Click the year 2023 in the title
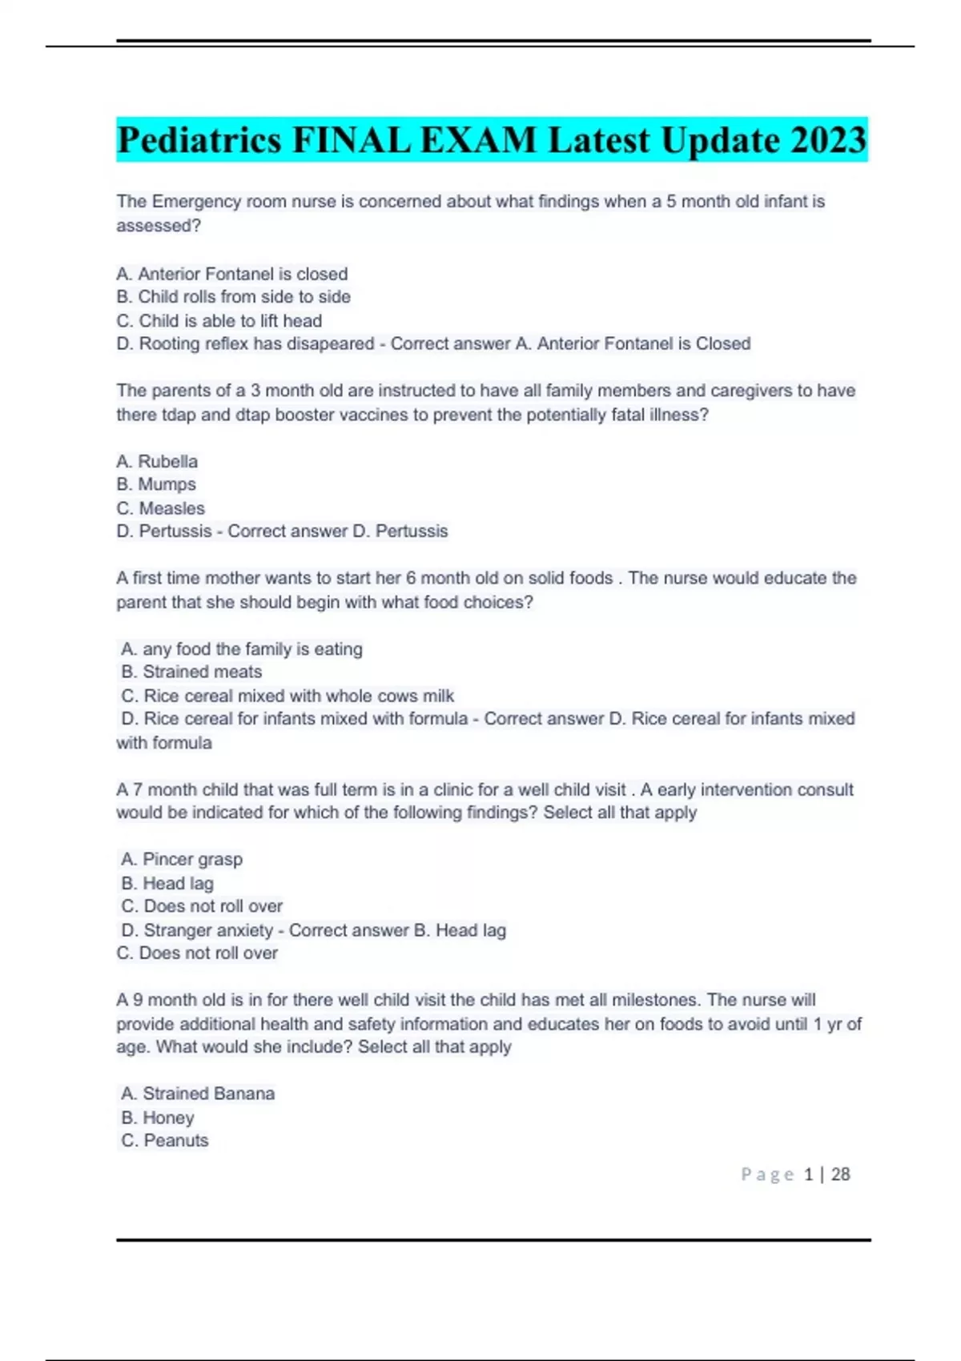[828, 141]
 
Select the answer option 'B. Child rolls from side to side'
[233, 297]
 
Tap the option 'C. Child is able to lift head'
[219, 321]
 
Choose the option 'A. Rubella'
[157, 462]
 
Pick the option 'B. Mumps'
[156, 484]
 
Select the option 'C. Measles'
[160, 508]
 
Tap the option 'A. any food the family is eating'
[241, 649]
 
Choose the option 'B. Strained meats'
[191, 672]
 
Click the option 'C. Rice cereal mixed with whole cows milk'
[287, 696]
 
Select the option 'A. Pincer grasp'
[182, 860]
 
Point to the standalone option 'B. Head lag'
[167, 884]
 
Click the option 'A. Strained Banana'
[198, 1094]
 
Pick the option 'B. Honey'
[158, 1118]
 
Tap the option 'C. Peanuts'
[165, 1141]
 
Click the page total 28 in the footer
[840, 1174]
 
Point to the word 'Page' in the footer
[767, 1174]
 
